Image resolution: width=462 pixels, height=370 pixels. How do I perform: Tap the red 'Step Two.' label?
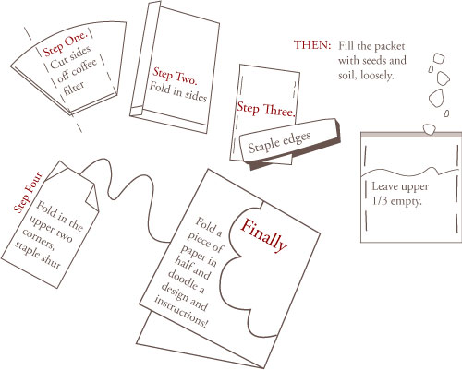[x=175, y=76]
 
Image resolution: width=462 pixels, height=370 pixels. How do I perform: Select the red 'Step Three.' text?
[x=266, y=109]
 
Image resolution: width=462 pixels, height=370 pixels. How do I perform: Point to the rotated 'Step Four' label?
[x=28, y=193]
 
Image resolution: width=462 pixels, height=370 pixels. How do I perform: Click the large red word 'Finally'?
[x=263, y=235]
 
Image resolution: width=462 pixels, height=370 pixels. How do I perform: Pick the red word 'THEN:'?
[x=312, y=45]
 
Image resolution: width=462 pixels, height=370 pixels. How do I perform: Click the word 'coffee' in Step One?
[x=78, y=70]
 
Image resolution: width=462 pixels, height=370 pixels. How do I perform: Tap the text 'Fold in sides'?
[x=178, y=91]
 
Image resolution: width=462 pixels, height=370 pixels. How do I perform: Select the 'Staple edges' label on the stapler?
[x=279, y=142]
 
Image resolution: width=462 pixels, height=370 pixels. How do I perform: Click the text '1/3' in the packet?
[x=380, y=201]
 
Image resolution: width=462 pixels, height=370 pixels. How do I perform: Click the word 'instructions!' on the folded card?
[x=181, y=312]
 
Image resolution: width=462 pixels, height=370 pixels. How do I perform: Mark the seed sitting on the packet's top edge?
[x=430, y=129]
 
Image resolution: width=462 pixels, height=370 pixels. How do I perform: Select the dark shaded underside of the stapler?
[x=296, y=154]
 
